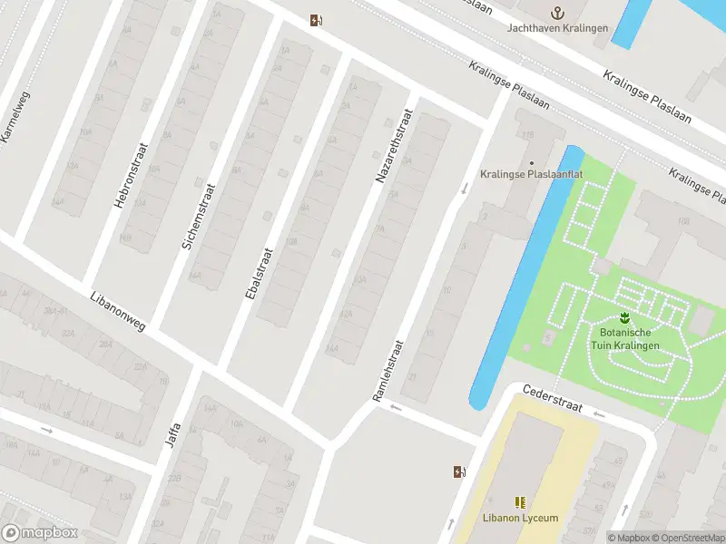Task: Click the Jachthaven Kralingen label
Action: point(558,27)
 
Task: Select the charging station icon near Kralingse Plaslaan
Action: point(315,20)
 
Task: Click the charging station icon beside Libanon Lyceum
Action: point(460,471)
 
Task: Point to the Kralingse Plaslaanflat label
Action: point(530,173)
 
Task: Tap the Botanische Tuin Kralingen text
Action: point(623,339)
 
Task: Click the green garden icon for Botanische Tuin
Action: point(624,317)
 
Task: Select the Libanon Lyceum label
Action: point(520,519)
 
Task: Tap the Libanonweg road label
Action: point(118,310)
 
